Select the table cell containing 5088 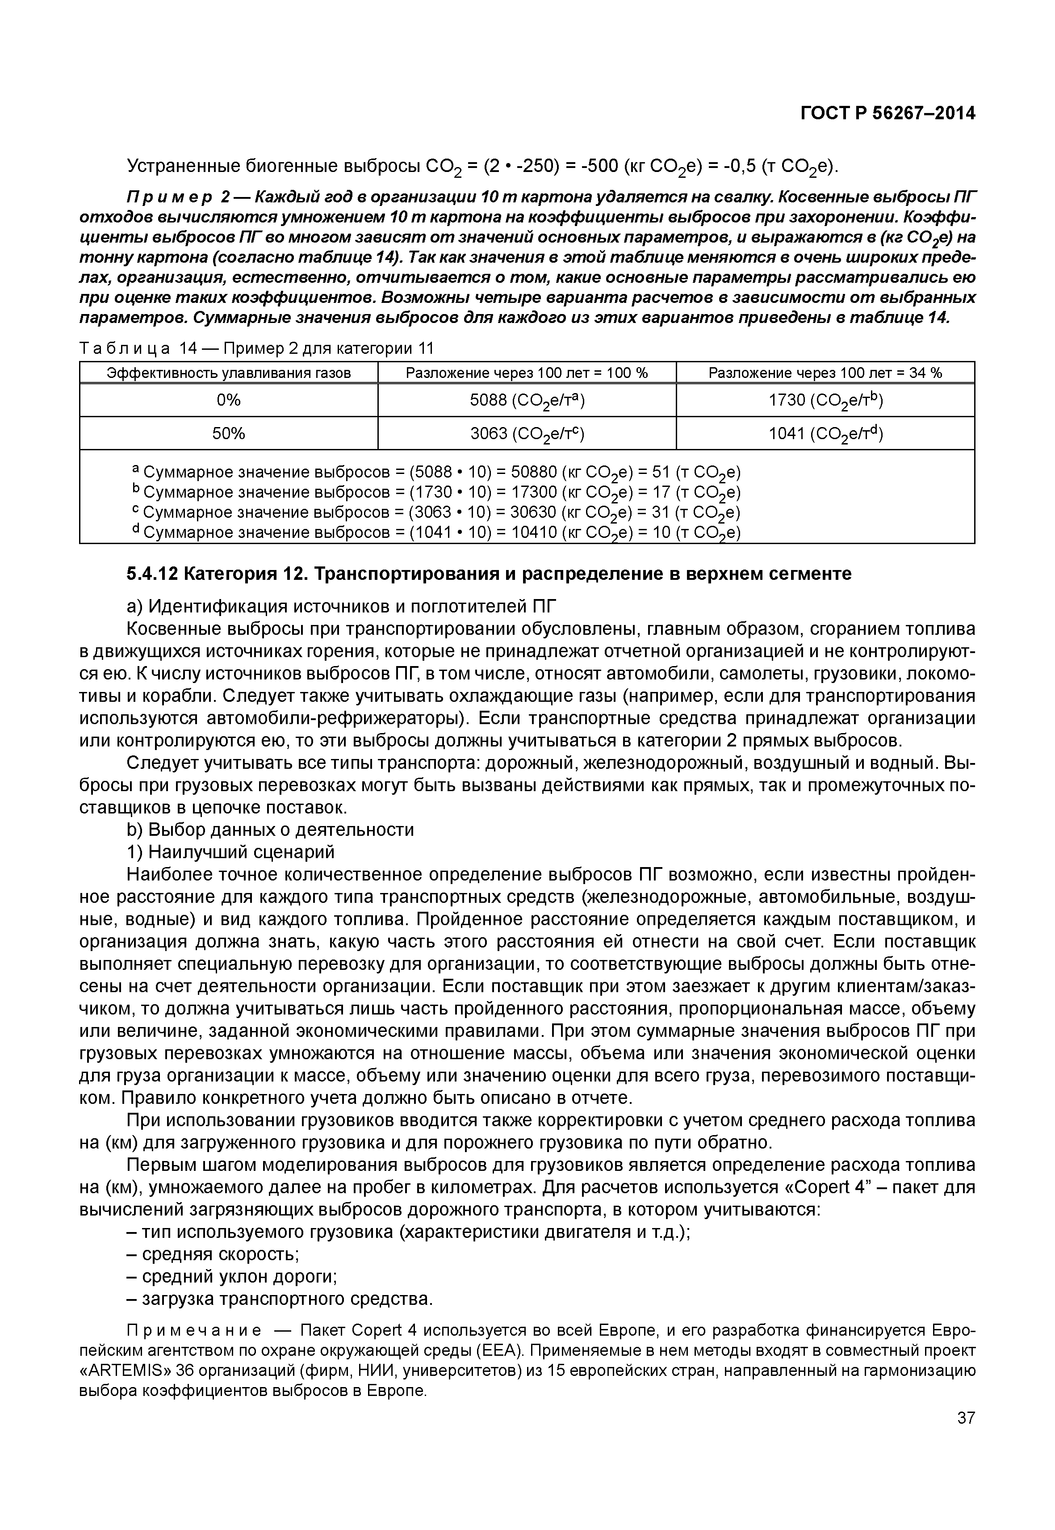coord(527,400)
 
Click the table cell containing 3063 coord(527,433)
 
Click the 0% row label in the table coord(228,400)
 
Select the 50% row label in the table coord(228,433)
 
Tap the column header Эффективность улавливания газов coord(228,373)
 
